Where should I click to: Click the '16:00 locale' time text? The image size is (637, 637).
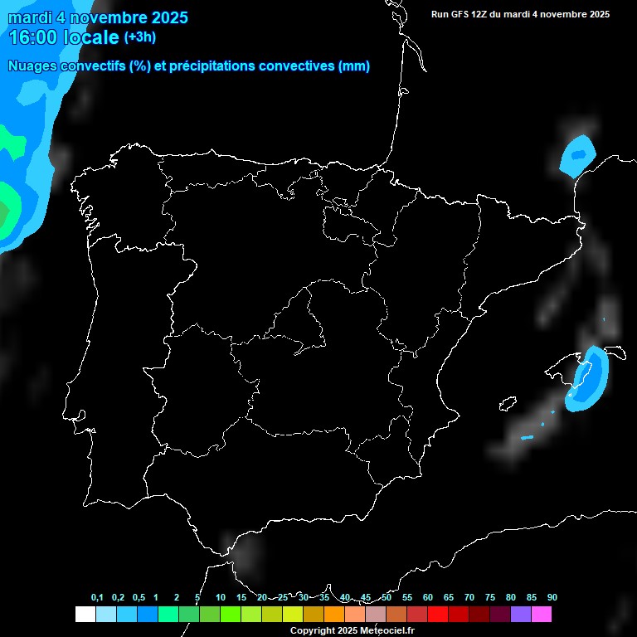click(x=64, y=37)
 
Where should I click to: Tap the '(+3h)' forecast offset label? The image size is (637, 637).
click(x=139, y=36)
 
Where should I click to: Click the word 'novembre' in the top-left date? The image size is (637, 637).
click(x=106, y=17)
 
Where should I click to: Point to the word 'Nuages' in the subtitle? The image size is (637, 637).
click(x=32, y=66)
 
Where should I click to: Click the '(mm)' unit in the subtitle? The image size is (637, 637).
click(x=354, y=66)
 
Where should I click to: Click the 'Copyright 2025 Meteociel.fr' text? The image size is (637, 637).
click(x=352, y=630)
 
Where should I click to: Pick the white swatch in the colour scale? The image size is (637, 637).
click(x=85, y=614)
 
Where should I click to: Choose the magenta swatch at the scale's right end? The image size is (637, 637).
click(x=541, y=614)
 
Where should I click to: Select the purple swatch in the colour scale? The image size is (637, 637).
click(x=520, y=614)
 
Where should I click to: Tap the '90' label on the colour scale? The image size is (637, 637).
click(x=552, y=597)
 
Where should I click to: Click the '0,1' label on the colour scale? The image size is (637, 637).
click(x=97, y=597)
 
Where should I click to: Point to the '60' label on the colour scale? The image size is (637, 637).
click(x=427, y=597)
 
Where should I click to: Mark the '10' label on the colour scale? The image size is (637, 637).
click(x=220, y=597)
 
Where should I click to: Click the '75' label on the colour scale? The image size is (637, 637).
click(x=489, y=597)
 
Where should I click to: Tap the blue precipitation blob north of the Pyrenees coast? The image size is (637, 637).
click(x=578, y=154)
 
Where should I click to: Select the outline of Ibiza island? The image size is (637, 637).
click(x=507, y=405)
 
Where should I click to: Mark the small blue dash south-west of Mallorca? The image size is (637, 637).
click(x=527, y=437)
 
